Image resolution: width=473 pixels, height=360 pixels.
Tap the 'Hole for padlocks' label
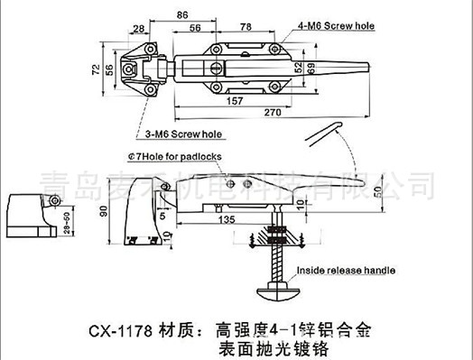[x=178, y=156]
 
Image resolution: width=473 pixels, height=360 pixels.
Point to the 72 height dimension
[x=93, y=69]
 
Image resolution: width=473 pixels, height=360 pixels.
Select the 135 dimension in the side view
[x=227, y=219]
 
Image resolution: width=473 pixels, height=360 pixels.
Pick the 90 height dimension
[x=102, y=212]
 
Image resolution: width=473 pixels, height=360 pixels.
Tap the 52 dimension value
[x=297, y=67]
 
